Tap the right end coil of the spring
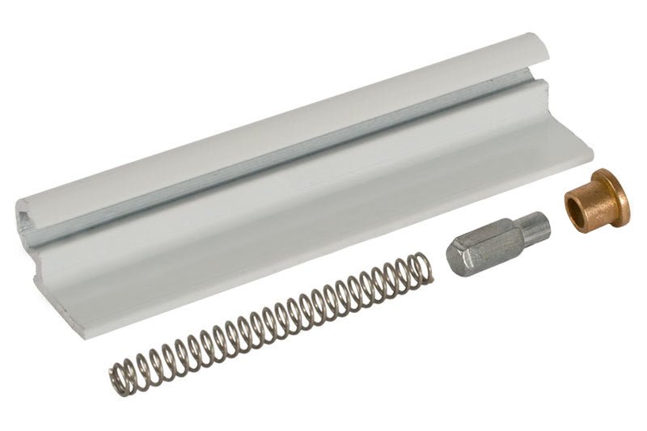(x=424, y=269)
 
